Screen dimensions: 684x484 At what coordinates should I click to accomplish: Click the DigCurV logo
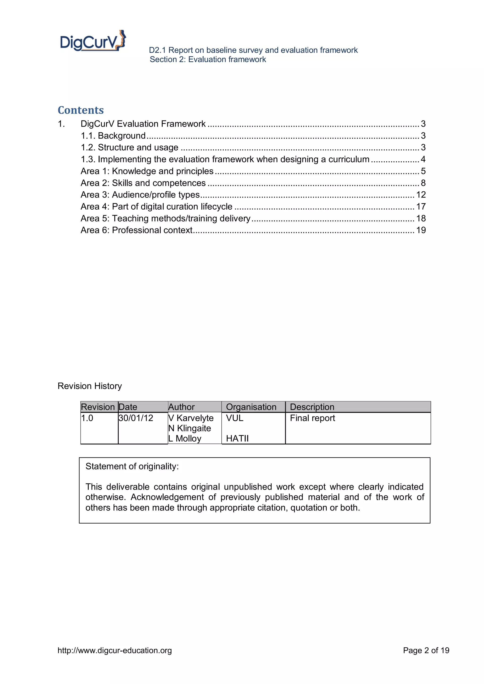point(93,41)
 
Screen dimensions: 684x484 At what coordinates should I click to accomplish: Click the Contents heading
point(81,110)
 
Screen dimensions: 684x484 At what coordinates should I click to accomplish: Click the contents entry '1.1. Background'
point(113,136)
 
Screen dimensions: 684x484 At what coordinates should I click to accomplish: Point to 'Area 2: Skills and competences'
point(143,183)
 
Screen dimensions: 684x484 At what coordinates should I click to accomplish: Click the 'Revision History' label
point(90,386)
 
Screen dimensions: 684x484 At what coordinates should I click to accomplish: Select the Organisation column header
point(251,407)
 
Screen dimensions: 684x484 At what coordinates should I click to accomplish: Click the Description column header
point(312,407)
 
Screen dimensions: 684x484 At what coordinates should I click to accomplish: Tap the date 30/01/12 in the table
point(136,418)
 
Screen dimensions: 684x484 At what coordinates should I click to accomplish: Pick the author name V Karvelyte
point(191,418)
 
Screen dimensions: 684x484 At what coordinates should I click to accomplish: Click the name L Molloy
point(185,439)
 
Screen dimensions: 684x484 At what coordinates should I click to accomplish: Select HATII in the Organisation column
point(237,439)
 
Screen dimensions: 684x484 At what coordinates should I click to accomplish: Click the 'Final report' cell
point(312,418)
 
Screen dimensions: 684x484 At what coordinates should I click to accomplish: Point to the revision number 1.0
point(87,418)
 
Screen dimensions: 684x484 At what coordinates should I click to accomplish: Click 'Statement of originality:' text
point(132,466)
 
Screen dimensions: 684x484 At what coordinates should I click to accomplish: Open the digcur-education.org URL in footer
point(115,650)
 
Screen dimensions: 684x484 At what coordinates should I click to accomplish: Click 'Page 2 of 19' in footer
point(426,650)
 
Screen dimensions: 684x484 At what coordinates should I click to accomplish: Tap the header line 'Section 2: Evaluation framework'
point(208,60)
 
